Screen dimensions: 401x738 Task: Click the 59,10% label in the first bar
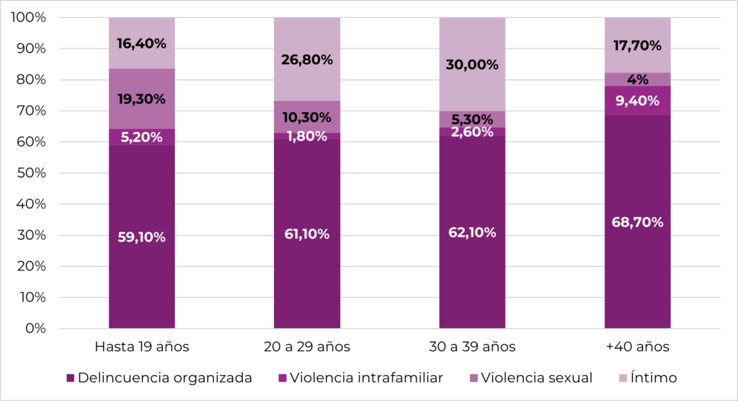tap(142, 237)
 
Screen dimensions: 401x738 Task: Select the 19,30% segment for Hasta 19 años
tap(142, 99)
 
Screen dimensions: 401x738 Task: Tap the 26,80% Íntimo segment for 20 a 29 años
tap(307, 60)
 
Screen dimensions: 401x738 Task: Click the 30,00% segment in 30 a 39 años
tap(472, 64)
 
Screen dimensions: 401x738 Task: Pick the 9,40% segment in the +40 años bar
tap(637, 100)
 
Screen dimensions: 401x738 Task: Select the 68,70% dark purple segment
tap(637, 222)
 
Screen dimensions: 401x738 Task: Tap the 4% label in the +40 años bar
tap(637, 79)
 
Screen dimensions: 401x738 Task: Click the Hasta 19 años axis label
tap(142, 347)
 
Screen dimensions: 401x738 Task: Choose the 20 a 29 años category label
tap(307, 347)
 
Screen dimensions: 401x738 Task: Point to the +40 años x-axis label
tap(637, 347)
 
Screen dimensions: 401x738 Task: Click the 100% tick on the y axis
tap(29, 17)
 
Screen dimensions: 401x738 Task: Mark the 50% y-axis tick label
tap(32, 173)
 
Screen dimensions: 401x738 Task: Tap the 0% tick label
tap(35, 329)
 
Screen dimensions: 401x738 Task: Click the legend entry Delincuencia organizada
tap(164, 377)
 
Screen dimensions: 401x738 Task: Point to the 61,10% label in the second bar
tap(307, 234)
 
